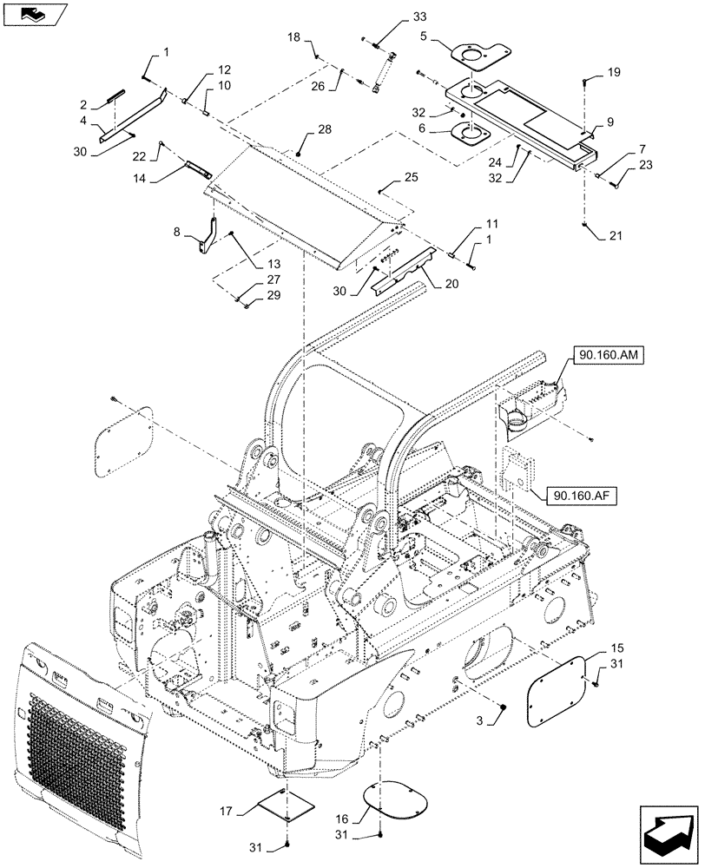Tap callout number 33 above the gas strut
tap(419, 17)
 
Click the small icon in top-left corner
tap(32, 13)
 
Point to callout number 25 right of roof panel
tap(412, 177)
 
